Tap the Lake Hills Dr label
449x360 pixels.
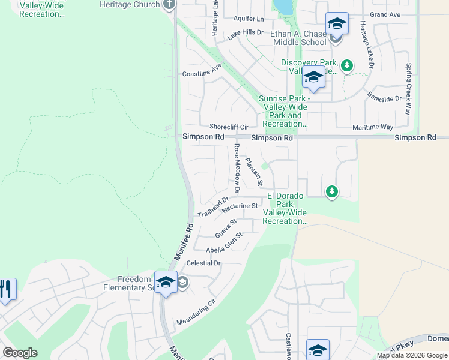(245, 35)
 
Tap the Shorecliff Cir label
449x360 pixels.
(229, 127)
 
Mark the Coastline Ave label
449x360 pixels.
(202, 74)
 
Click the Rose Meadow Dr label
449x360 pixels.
(237, 169)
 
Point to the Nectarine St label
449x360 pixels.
(240, 207)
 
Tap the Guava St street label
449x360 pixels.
(226, 227)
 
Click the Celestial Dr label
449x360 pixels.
(204, 263)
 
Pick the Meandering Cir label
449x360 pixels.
(196, 313)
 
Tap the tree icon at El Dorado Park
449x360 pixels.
(331, 192)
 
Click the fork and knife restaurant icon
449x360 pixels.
(5, 290)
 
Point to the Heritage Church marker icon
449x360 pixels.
(169, 5)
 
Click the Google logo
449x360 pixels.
(20, 353)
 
